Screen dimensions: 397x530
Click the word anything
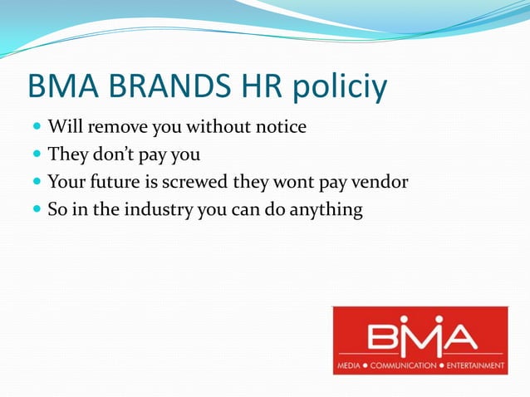pyautogui.click(x=323, y=210)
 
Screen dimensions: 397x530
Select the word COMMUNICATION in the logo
pyautogui.click(x=402, y=366)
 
